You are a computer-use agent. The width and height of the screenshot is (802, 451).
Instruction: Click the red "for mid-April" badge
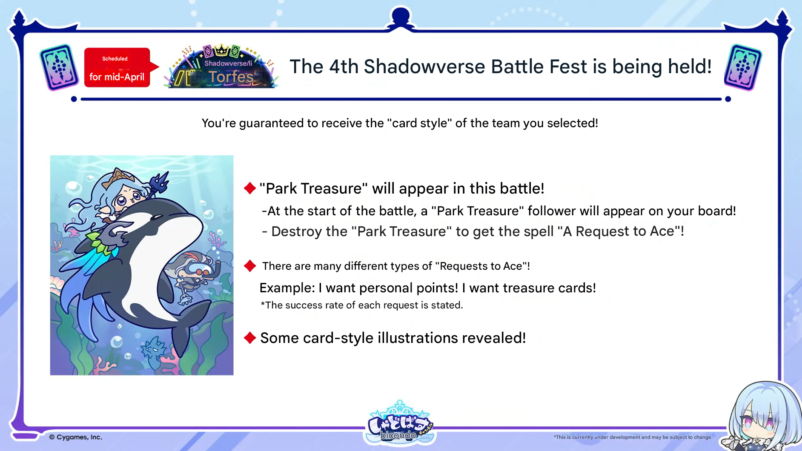[x=117, y=68]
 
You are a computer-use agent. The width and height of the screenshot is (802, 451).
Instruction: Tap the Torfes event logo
[x=221, y=67]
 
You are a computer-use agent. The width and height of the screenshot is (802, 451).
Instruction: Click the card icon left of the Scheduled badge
[x=59, y=67]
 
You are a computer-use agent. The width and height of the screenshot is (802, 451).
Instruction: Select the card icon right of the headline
[x=743, y=67]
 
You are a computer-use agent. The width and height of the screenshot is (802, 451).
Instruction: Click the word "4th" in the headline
[x=343, y=66]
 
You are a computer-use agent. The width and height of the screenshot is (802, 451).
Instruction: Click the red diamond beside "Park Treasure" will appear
[x=250, y=188]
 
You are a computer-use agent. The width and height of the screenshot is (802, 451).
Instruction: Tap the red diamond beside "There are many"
[x=250, y=266]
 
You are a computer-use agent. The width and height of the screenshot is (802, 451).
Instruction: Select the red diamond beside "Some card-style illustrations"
[x=250, y=338]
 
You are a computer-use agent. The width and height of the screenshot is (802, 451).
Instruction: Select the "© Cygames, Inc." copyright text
[x=76, y=437]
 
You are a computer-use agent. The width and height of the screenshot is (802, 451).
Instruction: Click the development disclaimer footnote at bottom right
[x=633, y=437]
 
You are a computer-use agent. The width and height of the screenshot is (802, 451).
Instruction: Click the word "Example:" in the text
[x=287, y=288]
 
